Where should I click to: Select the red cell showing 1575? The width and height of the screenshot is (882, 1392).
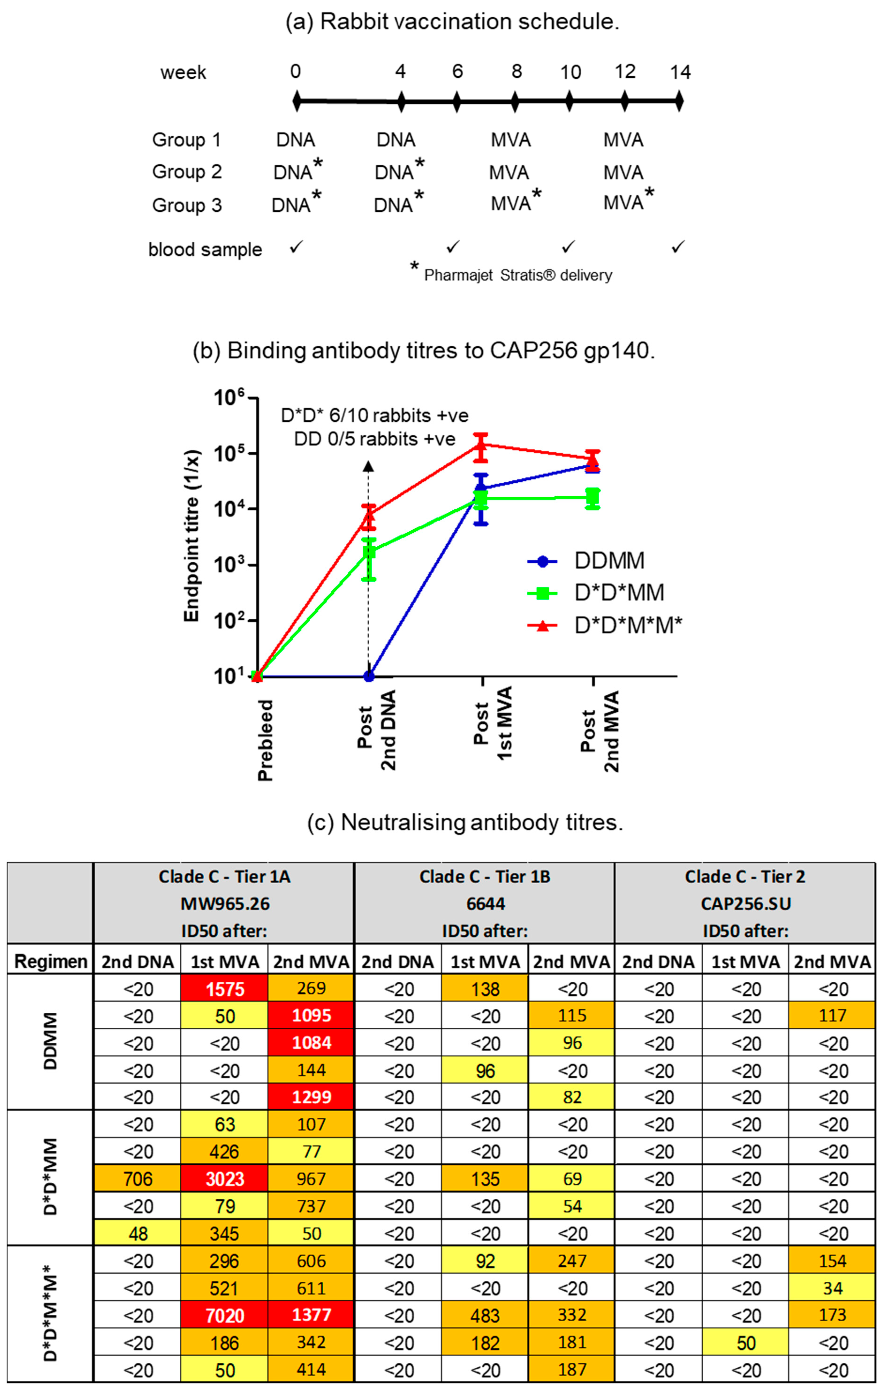pos(224,988)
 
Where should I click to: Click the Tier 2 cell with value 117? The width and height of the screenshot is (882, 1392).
pos(832,1016)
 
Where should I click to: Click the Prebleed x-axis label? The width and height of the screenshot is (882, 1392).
pos(265,740)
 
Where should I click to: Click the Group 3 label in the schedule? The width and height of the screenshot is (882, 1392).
pos(187,205)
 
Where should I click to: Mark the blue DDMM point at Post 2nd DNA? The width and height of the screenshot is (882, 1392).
pos(369,676)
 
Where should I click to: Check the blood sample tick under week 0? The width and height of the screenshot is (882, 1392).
pos(296,247)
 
